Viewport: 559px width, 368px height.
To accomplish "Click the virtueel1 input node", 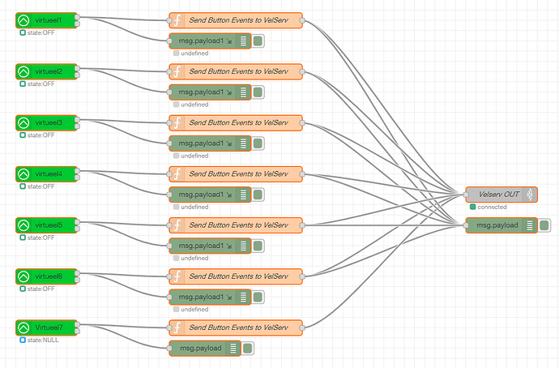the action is click(x=46, y=20).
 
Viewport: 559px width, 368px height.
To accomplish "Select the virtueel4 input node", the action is click(x=46, y=174).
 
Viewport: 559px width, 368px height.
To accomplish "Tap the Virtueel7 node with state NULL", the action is click(x=46, y=327).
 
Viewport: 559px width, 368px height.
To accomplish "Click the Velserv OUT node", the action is click(x=501, y=195).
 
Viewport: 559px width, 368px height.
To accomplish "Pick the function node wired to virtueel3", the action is click(x=236, y=123).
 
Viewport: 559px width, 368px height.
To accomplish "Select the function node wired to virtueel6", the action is click(x=236, y=276).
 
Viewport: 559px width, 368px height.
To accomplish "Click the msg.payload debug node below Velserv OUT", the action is click(x=501, y=225).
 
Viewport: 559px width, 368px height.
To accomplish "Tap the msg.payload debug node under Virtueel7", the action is click(x=205, y=349).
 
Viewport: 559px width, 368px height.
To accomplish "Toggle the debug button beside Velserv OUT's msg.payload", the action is click(x=544, y=225).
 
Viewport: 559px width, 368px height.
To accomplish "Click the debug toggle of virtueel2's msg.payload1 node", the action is click(x=258, y=92).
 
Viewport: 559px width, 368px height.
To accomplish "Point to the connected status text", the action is click(x=492, y=207).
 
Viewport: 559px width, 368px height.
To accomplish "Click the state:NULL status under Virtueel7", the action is click(x=43, y=340).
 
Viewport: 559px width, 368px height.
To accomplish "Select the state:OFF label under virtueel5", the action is click(x=41, y=237).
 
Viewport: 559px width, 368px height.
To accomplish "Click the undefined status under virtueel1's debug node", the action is click(x=194, y=53).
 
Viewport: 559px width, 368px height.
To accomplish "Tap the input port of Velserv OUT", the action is click(x=466, y=195).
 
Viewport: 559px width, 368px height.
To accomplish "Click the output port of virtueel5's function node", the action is click(x=302, y=225).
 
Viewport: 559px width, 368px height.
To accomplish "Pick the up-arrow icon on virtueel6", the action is click(x=23, y=276).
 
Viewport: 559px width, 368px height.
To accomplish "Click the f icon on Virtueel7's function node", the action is click(x=177, y=327).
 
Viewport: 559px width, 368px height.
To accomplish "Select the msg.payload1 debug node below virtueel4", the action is click(x=210, y=195).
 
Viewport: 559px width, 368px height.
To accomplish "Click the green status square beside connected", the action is click(x=473, y=207).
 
